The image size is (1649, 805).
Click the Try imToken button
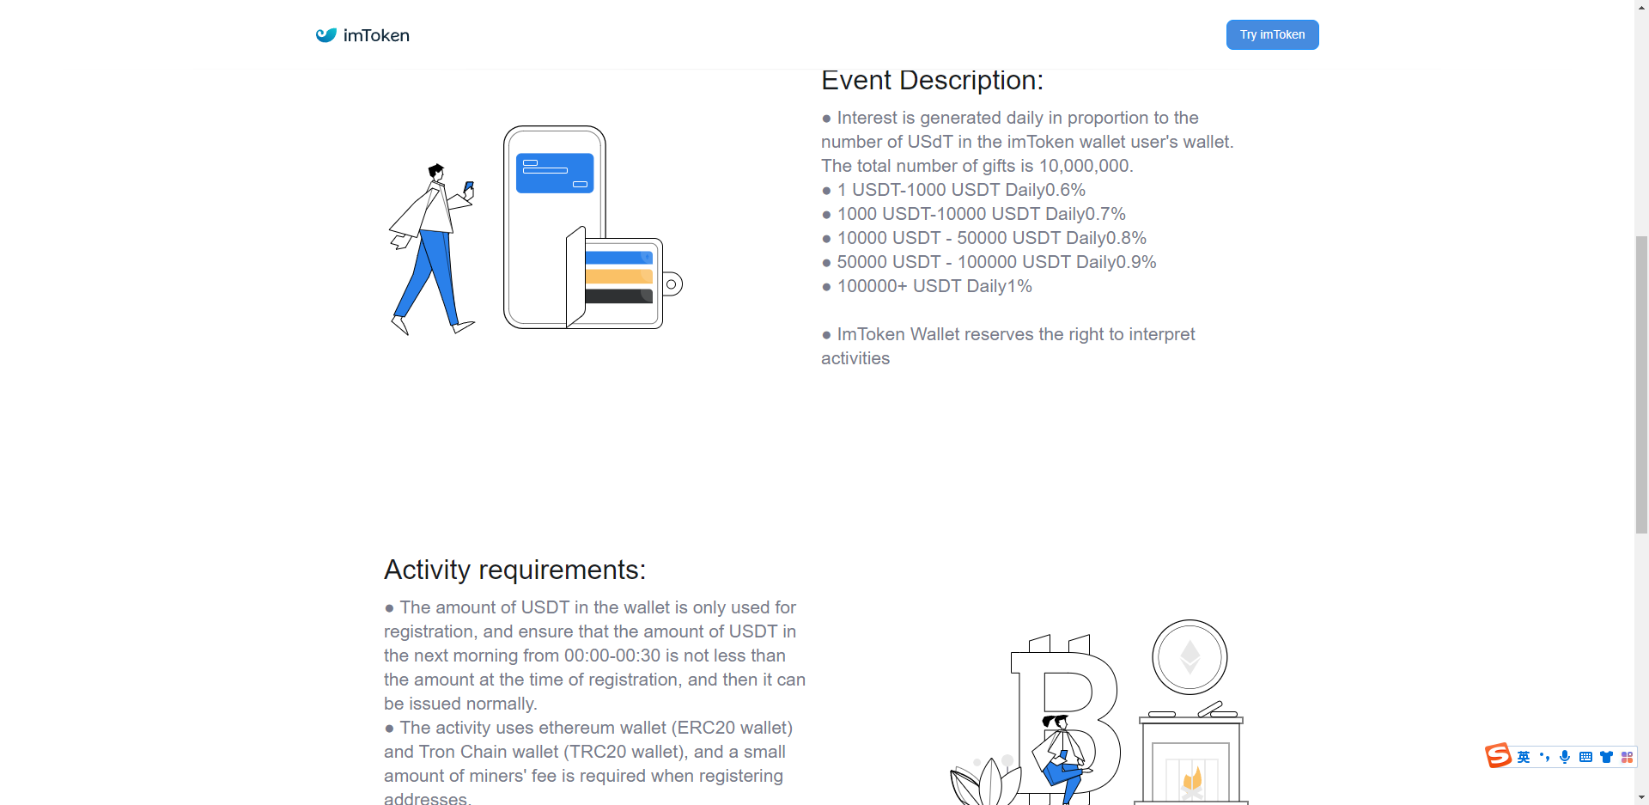click(1272, 34)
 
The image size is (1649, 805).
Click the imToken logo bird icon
click(326, 35)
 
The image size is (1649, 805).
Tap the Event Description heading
click(932, 80)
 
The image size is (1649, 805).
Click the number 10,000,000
click(1084, 166)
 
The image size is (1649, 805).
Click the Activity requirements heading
click(514, 570)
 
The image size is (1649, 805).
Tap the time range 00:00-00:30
click(612, 656)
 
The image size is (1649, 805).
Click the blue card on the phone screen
click(555, 173)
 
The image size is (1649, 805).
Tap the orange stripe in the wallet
click(619, 277)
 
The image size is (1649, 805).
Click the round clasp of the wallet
click(672, 284)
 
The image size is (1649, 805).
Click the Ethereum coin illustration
click(1190, 657)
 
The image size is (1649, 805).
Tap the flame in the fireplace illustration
click(1192, 778)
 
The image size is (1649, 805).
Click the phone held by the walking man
click(469, 186)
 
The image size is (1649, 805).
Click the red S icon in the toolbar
click(1498, 756)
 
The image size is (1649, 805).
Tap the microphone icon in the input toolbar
click(1565, 757)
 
